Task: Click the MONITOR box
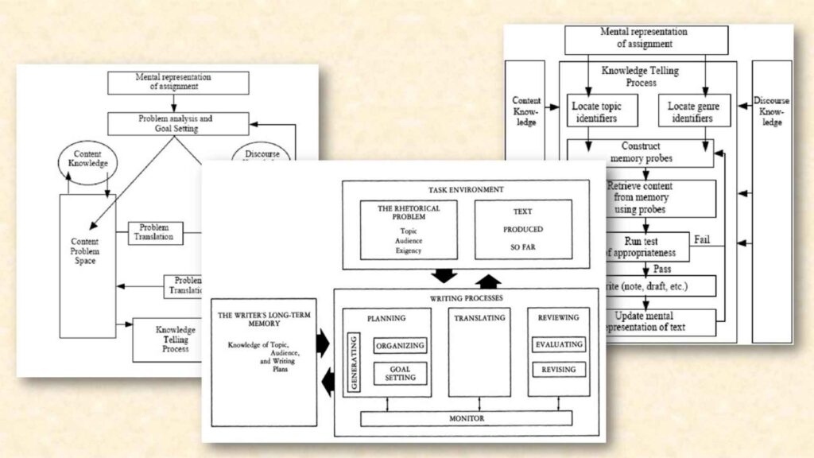coord(466,417)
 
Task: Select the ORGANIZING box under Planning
coord(400,345)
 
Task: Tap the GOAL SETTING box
coord(400,373)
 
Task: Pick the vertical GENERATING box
coord(355,363)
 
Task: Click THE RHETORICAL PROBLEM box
coord(409,229)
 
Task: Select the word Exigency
coord(409,250)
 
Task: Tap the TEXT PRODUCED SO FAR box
coord(522,229)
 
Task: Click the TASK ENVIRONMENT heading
coord(465,189)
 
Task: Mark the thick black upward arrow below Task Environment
coord(488,281)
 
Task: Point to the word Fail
coord(702,239)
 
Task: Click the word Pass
coord(661,269)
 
